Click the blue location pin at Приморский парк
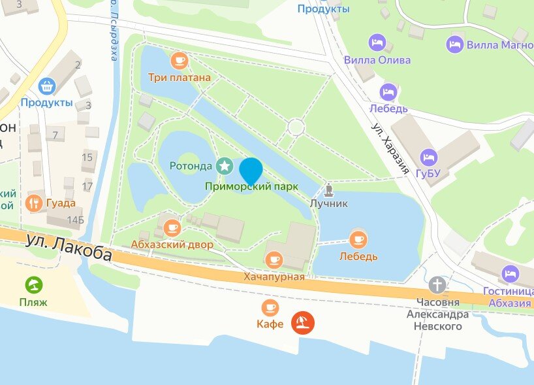click(251, 170)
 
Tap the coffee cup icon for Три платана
click(179, 61)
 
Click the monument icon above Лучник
click(329, 191)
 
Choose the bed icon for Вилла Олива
click(377, 43)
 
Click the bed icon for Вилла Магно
click(455, 44)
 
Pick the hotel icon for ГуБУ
click(429, 157)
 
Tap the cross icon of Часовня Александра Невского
click(437, 285)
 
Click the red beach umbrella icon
click(303, 322)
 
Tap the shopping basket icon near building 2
click(46, 86)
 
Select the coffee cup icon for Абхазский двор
click(172, 227)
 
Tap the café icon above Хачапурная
click(274, 259)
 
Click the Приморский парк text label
click(251, 186)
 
